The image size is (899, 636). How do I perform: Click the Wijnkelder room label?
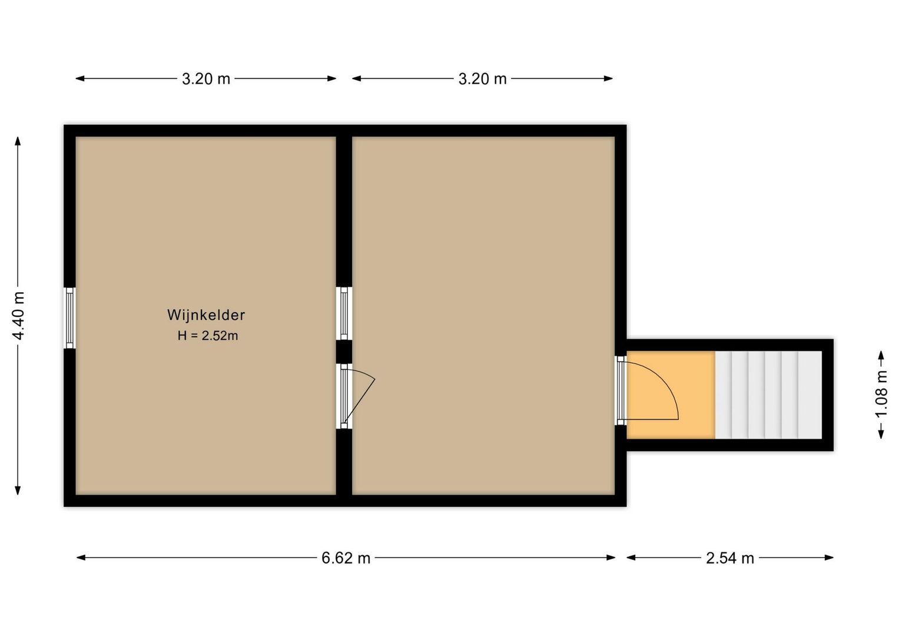point(206,315)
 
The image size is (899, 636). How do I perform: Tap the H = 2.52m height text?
point(208,336)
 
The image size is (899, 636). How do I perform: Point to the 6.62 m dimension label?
point(346,558)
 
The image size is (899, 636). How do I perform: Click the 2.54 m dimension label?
point(729,558)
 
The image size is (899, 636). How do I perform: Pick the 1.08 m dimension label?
point(881,394)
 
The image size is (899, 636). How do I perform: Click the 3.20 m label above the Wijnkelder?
point(206,79)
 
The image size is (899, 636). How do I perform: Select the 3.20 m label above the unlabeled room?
point(482,79)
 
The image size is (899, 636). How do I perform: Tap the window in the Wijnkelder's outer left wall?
point(69,318)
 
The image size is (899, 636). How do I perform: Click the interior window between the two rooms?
point(344,313)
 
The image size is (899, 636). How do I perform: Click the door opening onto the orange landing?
point(621,390)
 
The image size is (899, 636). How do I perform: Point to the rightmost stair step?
point(810,395)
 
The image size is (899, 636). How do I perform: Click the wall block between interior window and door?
point(344,352)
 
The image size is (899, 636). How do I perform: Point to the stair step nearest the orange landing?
point(724,395)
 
